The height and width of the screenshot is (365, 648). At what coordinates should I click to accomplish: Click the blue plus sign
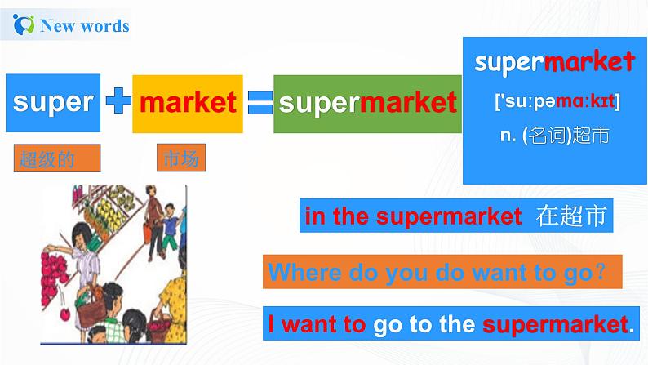(118, 101)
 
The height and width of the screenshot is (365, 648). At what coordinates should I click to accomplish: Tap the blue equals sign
(260, 102)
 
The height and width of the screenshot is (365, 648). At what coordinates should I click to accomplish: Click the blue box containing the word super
(53, 103)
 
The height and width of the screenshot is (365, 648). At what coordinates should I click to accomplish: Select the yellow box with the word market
(188, 103)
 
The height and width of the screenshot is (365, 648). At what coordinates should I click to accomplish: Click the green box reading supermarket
(367, 103)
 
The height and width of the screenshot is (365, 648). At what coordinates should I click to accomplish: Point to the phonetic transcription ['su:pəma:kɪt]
(557, 101)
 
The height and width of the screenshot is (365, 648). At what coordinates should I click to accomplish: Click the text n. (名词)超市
(555, 136)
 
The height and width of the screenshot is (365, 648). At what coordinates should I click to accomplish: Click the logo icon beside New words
(24, 24)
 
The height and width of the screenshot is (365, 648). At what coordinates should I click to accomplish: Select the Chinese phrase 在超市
(570, 216)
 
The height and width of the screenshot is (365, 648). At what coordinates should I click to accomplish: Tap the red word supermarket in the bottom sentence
(556, 324)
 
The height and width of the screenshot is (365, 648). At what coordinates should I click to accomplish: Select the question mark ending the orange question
(600, 271)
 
